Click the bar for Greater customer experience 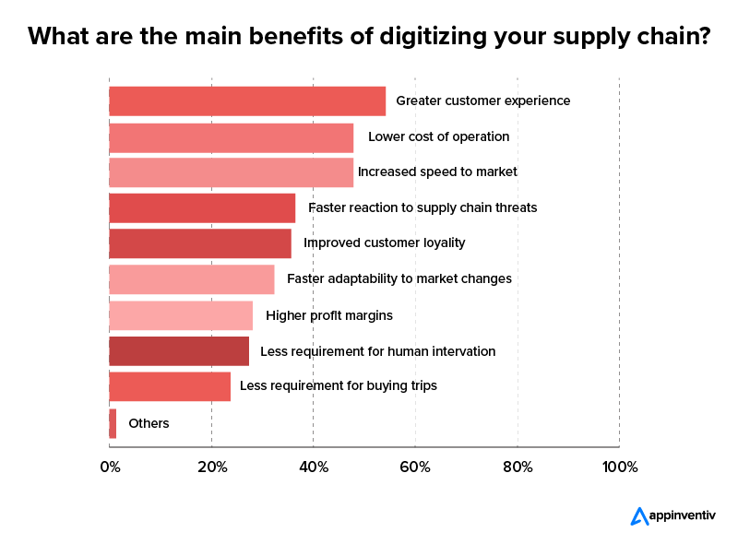coord(247,101)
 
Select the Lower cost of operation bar coord(231,137)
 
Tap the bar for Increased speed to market coord(231,172)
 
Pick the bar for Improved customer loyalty coord(200,243)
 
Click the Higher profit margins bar coord(181,315)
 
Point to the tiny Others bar coord(113,424)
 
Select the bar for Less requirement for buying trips coord(170,386)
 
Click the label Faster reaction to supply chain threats coord(423,208)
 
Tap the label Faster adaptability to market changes coord(399,279)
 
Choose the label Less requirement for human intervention coord(378,351)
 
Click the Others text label coord(149,424)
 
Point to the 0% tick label coord(110,467)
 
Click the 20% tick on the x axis coord(212,467)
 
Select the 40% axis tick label coord(314,467)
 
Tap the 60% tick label coord(415,467)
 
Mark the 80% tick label coord(518,467)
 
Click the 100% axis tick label coord(619,467)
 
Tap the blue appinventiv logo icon coord(639,516)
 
